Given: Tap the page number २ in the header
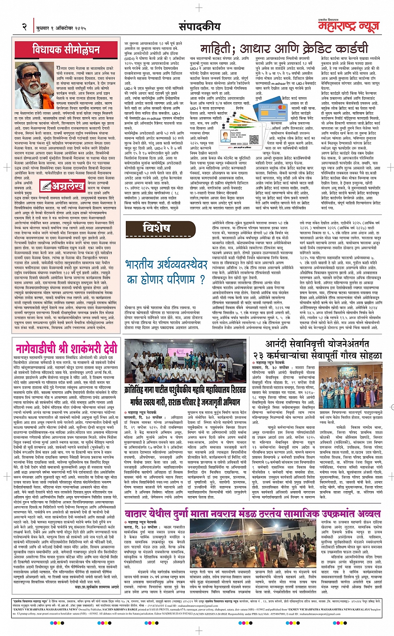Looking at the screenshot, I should click(x=25, y=27).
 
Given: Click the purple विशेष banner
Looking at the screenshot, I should click(x=156, y=228).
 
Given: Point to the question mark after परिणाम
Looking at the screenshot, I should click(x=203, y=279).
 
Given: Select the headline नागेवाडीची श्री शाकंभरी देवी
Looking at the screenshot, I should click(x=66, y=348).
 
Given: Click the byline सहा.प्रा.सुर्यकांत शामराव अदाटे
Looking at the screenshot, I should click(x=97, y=586).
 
